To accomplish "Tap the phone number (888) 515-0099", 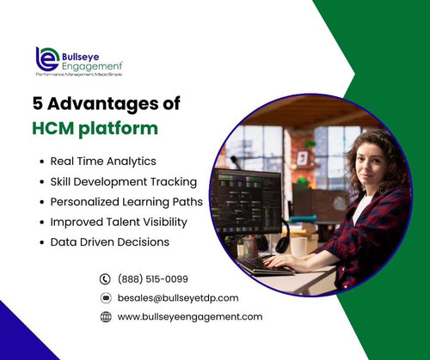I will point(153,278).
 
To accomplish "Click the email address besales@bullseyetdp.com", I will point(177,297).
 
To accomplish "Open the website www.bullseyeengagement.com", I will point(189,316).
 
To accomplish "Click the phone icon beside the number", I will point(106,278).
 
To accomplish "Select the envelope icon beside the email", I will point(106,297).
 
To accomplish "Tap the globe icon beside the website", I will point(106,316).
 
